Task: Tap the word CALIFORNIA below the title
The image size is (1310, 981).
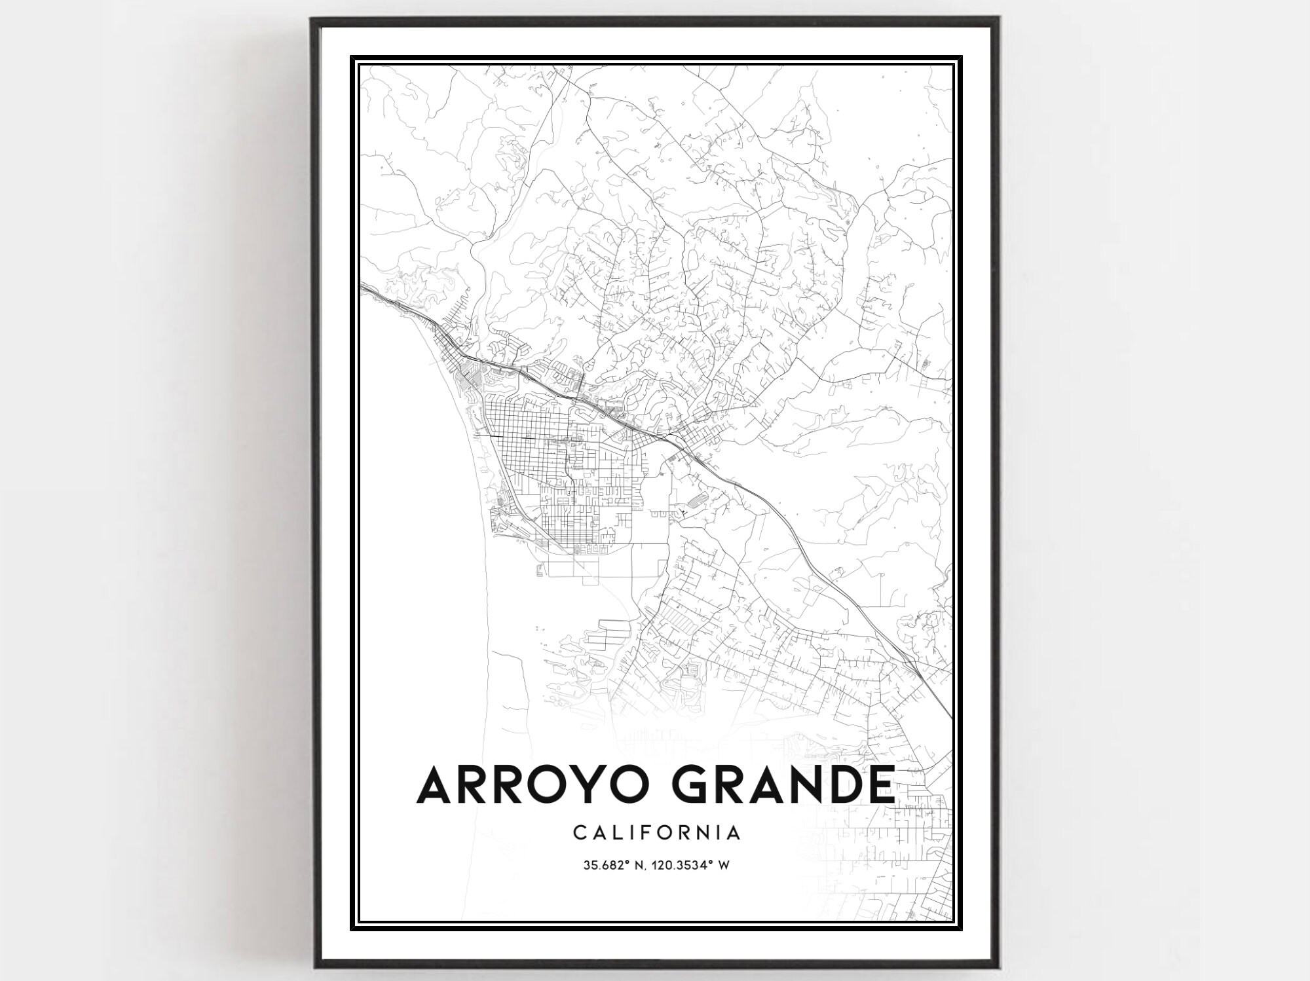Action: pos(657,833)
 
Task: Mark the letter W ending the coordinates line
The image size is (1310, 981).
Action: pos(724,866)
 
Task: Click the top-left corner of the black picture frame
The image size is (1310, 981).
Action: pos(312,18)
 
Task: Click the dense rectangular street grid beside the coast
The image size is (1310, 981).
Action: pos(524,445)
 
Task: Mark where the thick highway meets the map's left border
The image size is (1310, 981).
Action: pos(362,286)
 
